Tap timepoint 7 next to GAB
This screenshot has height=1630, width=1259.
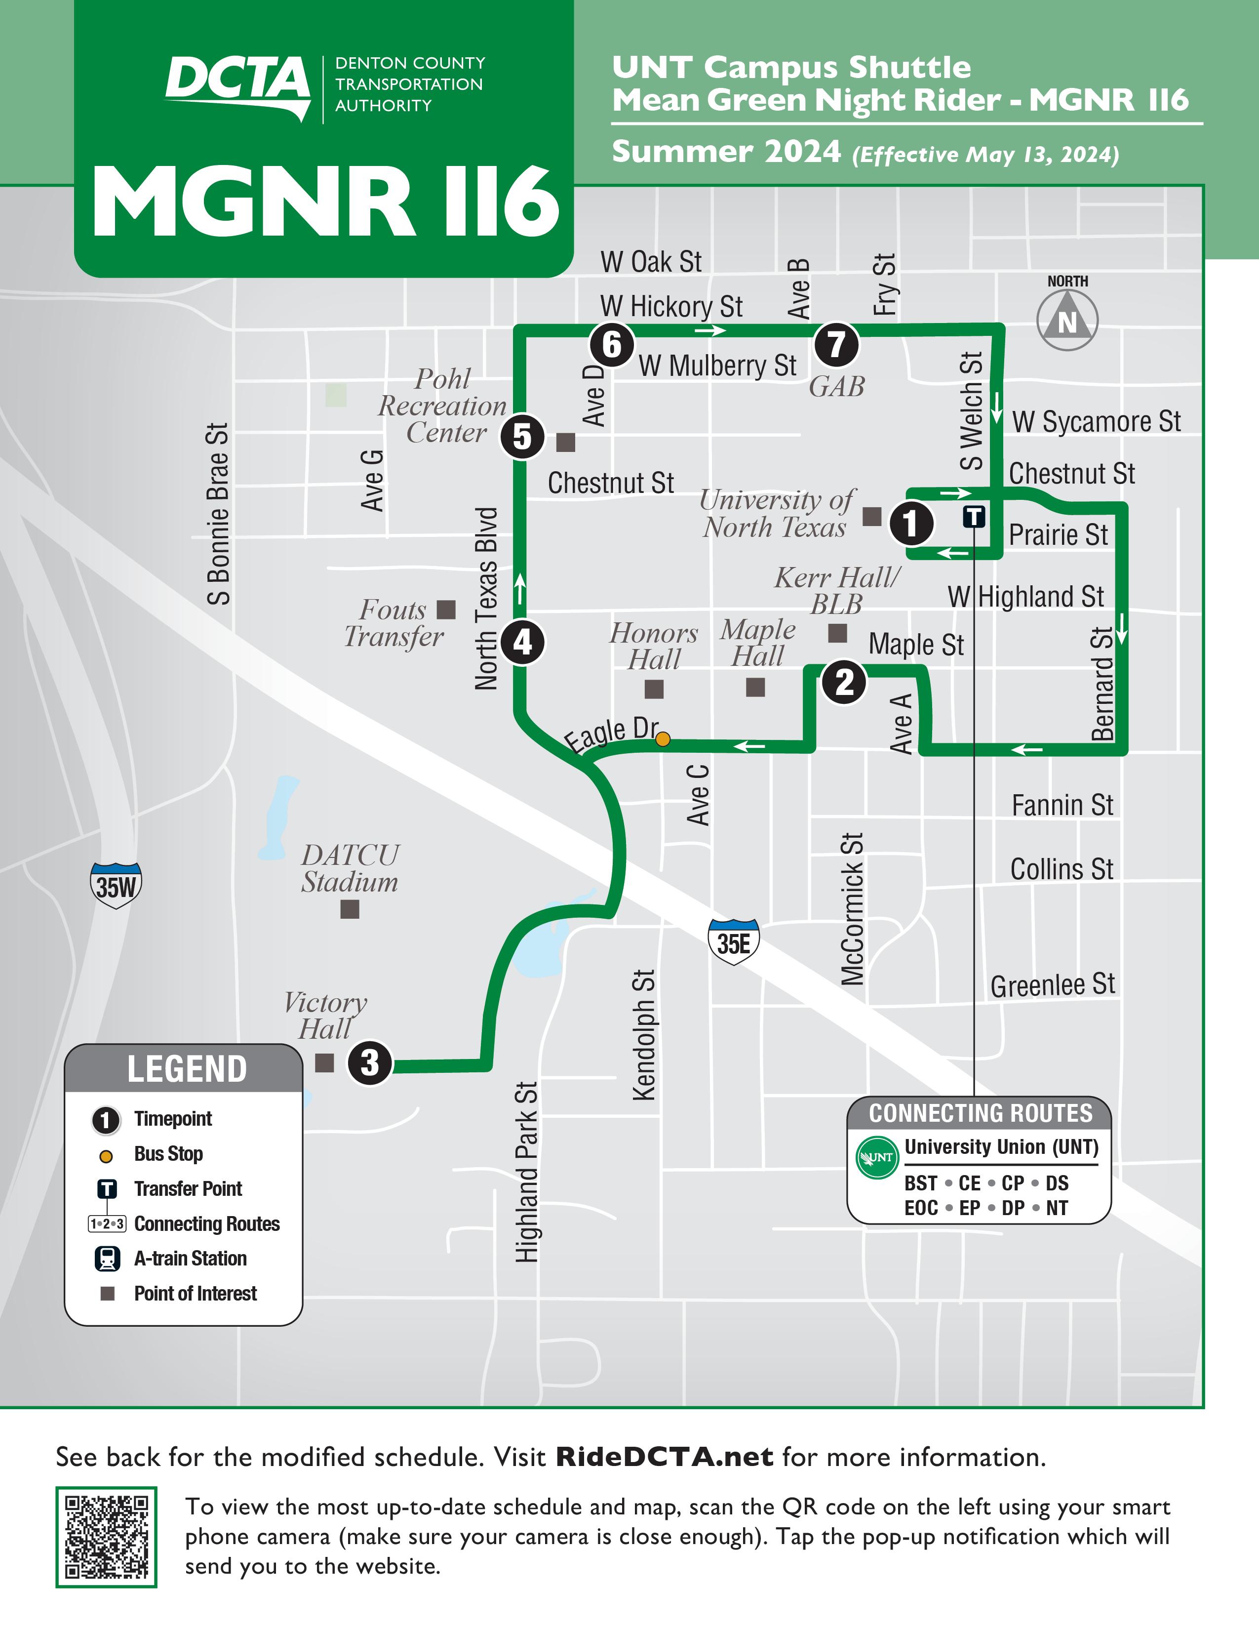click(x=836, y=344)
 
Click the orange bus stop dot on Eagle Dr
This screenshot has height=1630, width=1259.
click(x=662, y=739)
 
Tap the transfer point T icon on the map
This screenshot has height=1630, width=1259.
click(x=974, y=516)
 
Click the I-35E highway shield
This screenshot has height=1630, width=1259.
click(x=733, y=942)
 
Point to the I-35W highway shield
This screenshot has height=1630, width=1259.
click(x=116, y=886)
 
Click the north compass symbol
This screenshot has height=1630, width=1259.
click(x=1067, y=320)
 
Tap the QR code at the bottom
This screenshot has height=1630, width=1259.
click(x=106, y=1537)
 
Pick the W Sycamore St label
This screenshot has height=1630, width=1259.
click(x=1096, y=422)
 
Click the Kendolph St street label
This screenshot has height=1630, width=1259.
click(x=644, y=1034)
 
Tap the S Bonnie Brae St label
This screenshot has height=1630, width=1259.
click(x=218, y=514)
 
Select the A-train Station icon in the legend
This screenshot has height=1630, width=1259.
click(x=108, y=1259)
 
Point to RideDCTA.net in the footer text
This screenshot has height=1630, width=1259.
click(x=665, y=1457)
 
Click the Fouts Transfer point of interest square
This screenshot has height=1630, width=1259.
click(x=446, y=610)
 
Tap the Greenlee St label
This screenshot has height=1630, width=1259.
click(x=1053, y=985)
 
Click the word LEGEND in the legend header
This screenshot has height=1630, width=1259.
click(x=187, y=1069)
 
